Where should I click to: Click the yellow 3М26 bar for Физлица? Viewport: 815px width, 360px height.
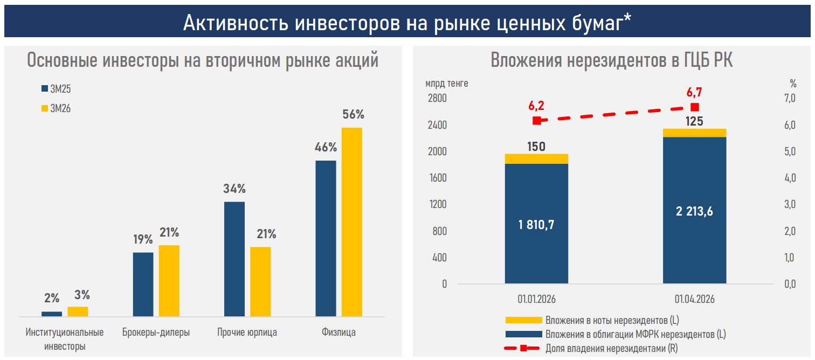(351, 221)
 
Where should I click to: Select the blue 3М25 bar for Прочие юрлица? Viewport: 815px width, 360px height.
(234, 259)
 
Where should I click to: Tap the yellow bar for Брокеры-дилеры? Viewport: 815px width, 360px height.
(169, 280)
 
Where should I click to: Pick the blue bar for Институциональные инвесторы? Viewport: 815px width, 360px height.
(52, 313)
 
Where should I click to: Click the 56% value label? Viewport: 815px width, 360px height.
(353, 114)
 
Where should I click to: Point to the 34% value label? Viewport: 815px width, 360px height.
(234, 189)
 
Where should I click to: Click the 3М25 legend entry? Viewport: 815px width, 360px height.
(56, 89)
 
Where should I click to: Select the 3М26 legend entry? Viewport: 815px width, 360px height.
(56, 109)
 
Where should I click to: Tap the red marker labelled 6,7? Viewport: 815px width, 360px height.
(695, 107)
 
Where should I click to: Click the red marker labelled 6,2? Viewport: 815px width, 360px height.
(536, 121)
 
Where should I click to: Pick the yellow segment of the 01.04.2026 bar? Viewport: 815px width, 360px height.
(695, 133)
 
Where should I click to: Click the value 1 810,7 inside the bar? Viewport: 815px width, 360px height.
(536, 225)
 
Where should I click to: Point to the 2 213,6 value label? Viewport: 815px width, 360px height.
(694, 211)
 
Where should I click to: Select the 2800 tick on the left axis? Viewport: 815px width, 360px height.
(437, 99)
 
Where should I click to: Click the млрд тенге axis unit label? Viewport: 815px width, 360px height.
(446, 84)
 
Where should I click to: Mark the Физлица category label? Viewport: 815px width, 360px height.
(339, 333)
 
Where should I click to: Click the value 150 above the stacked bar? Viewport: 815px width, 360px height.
(536, 146)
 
